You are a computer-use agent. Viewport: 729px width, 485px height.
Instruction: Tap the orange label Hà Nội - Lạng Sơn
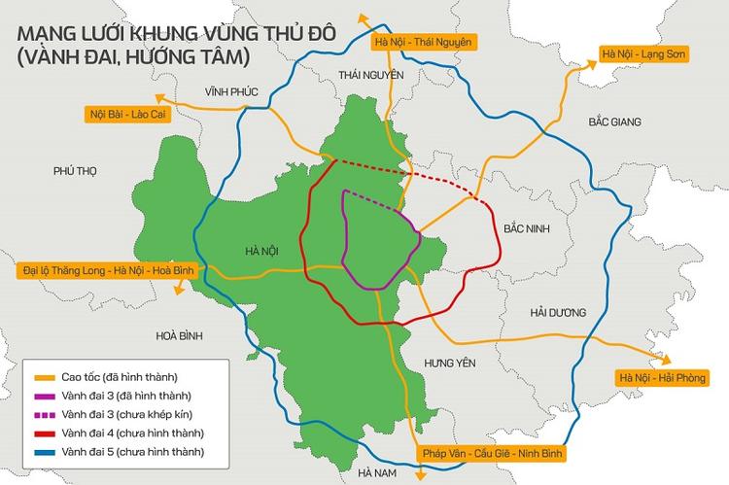point(643,55)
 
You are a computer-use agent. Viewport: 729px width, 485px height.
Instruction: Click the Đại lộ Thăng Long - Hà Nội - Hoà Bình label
point(102,269)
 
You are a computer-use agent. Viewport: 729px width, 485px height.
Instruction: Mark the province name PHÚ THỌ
point(77,171)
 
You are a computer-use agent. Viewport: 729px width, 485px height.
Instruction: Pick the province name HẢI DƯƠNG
point(558,313)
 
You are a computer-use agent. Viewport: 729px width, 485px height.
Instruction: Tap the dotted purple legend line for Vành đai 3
point(43,414)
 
